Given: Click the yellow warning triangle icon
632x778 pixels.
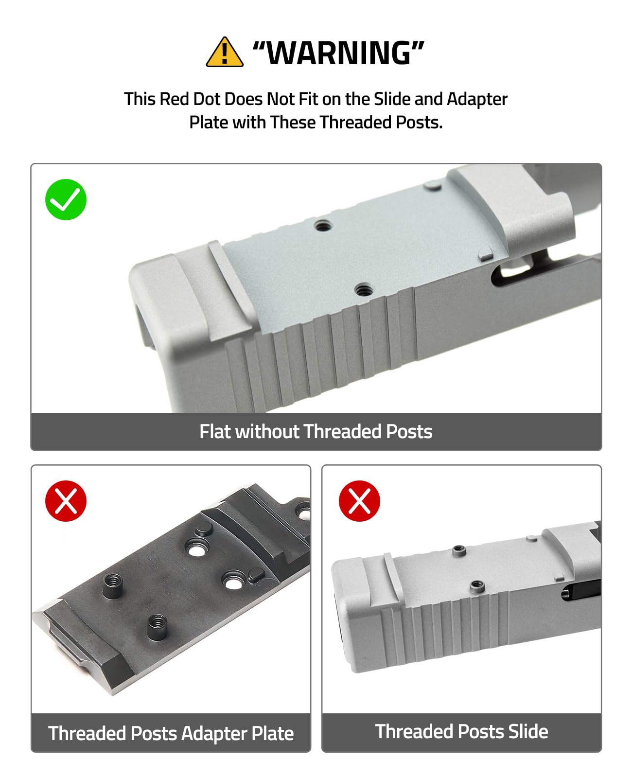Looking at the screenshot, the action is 225,52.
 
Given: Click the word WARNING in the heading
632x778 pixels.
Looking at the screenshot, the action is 338,53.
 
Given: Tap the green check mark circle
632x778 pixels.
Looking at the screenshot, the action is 66,199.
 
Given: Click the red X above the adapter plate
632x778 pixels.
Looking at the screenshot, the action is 66,501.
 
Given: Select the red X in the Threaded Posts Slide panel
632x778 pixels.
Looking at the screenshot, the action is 359,501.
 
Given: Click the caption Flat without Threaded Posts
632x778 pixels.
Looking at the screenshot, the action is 316,431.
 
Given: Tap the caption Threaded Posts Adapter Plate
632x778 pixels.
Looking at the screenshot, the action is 171,733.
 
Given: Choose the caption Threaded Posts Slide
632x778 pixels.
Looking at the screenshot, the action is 461,731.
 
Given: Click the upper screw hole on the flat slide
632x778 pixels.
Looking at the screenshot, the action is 323,225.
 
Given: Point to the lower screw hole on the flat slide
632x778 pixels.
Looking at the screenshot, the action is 363,290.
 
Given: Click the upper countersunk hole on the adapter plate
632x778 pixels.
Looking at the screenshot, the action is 196,548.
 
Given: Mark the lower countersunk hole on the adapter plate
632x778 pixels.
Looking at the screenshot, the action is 233,581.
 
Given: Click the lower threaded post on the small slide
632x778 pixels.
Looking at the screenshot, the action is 477,586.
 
